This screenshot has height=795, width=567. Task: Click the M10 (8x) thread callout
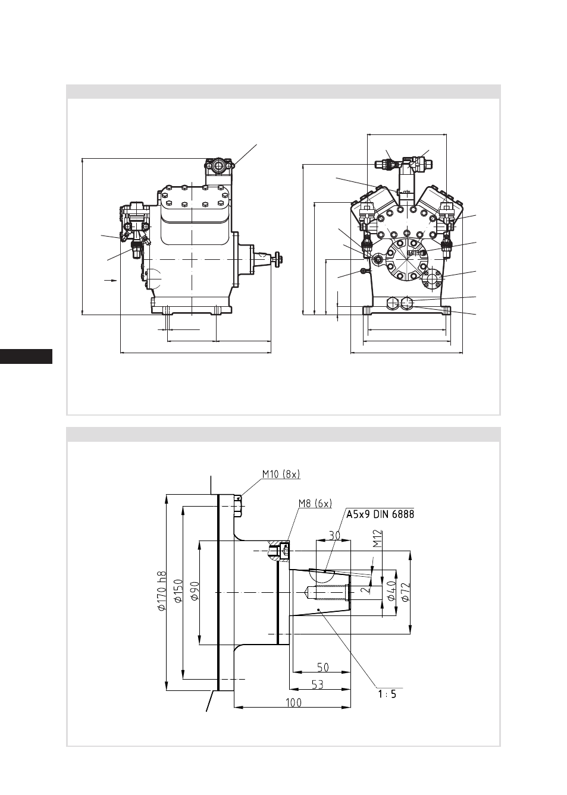click(x=281, y=474)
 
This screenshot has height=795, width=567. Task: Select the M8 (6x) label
click(x=315, y=503)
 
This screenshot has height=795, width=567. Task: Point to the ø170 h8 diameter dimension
click(x=162, y=591)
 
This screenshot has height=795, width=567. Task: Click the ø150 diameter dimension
click(x=178, y=591)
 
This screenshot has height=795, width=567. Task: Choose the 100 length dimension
click(x=293, y=703)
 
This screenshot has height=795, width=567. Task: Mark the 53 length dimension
click(x=317, y=684)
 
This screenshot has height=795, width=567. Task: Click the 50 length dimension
click(x=322, y=668)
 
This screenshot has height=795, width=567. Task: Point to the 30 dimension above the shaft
click(x=335, y=536)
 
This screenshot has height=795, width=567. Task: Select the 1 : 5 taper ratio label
click(x=387, y=694)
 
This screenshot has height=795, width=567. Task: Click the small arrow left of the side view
click(x=110, y=281)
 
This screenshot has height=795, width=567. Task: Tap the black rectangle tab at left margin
click(x=26, y=356)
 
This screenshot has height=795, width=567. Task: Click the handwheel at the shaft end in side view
click(x=278, y=260)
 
